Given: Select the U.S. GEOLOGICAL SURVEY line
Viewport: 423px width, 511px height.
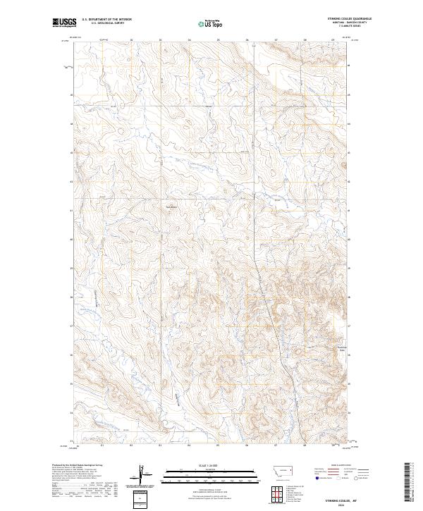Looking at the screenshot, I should pos(105,24).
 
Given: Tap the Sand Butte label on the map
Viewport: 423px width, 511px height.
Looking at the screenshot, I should pos(170,207).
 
